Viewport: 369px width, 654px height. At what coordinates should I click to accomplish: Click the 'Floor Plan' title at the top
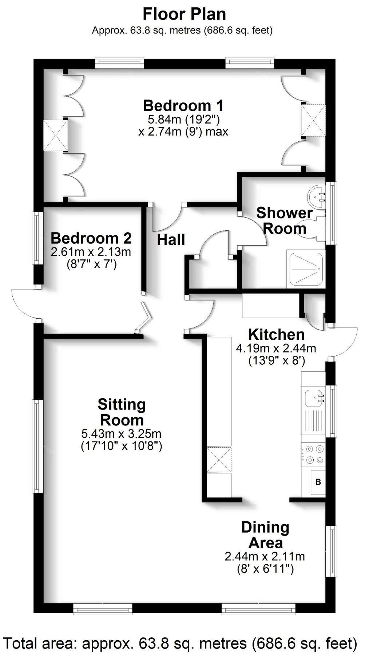click(x=184, y=14)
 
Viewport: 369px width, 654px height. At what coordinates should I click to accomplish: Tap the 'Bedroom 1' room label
click(x=183, y=106)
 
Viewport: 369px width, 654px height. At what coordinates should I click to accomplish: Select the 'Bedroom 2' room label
click(x=91, y=238)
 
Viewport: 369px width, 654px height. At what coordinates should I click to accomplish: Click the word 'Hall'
click(x=171, y=240)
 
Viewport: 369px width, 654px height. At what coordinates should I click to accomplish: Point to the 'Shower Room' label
click(x=285, y=221)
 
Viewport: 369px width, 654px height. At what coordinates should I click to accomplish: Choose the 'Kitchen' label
click(x=276, y=334)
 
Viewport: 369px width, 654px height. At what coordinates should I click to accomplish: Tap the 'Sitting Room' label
click(x=122, y=412)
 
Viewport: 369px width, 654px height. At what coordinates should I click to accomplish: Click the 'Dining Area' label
click(x=265, y=535)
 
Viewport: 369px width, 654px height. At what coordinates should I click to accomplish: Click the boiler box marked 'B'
click(x=318, y=482)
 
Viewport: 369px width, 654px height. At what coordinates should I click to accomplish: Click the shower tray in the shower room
click(x=305, y=269)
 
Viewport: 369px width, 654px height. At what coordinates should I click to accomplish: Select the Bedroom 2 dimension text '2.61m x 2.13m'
click(x=91, y=251)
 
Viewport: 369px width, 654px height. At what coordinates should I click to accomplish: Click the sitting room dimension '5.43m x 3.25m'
click(x=121, y=433)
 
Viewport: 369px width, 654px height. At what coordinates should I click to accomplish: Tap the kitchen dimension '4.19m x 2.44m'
click(x=276, y=348)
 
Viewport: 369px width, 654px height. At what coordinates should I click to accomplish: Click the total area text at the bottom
click(x=180, y=643)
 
